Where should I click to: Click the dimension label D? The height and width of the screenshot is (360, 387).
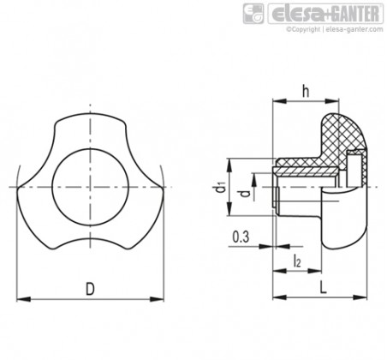(90, 289)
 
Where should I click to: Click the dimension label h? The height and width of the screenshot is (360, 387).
(306, 92)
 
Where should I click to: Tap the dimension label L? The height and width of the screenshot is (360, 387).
(323, 287)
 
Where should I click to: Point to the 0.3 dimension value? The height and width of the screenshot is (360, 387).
(241, 237)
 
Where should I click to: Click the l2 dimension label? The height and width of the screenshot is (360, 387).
(297, 261)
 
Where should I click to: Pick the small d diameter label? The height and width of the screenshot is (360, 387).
(245, 194)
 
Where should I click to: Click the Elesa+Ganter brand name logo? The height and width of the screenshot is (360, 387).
(325, 14)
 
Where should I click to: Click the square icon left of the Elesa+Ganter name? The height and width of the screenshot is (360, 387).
(253, 14)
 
